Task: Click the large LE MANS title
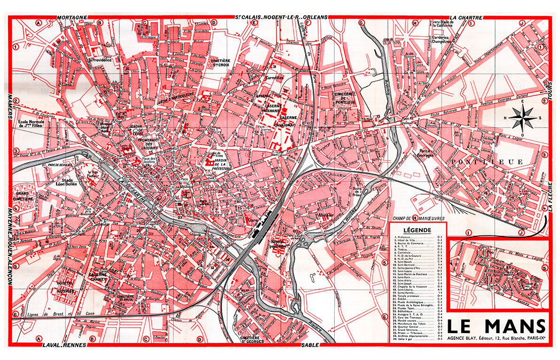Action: [x=497, y=326]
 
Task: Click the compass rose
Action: [x=523, y=117]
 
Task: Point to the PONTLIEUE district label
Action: [x=486, y=162]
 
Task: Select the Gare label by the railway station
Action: [x=254, y=220]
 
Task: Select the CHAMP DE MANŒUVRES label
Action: [x=415, y=218]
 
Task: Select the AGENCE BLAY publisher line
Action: [x=497, y=338]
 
